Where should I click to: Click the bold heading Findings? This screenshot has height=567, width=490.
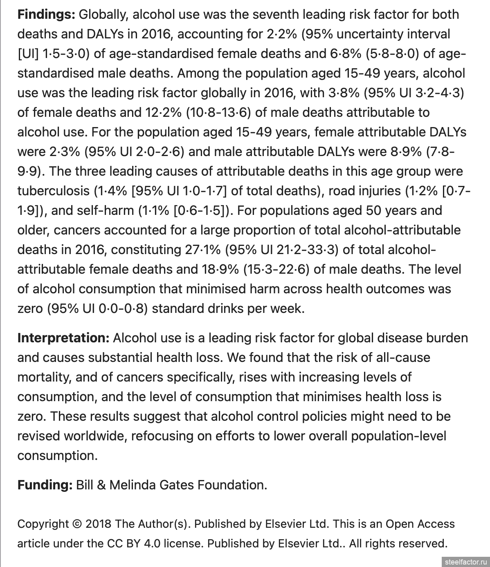(x=46, y=15)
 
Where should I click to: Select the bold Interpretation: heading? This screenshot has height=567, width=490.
(x=63, y=338)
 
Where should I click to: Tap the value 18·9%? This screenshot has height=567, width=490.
(x=220, y=269)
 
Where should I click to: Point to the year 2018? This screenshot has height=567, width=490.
(x=98, y=524)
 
